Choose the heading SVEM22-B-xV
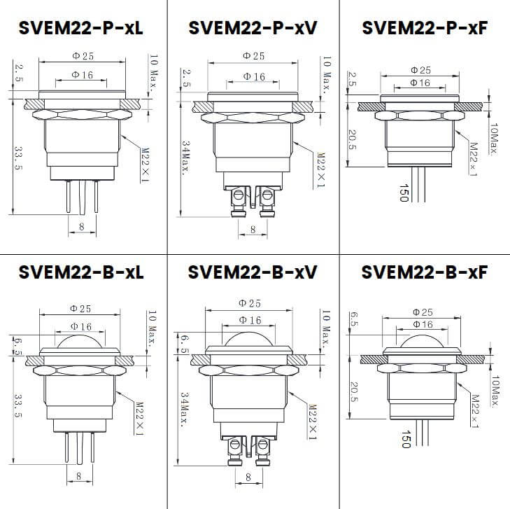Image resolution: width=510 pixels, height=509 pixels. [253, 272]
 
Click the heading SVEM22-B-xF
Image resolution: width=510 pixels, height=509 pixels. [424, 272]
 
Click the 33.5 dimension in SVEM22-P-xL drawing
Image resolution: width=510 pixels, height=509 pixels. [19, 159]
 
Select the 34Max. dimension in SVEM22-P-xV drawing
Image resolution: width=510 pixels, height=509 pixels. [186, 158]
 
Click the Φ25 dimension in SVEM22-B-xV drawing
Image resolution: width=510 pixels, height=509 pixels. [250, 303]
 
